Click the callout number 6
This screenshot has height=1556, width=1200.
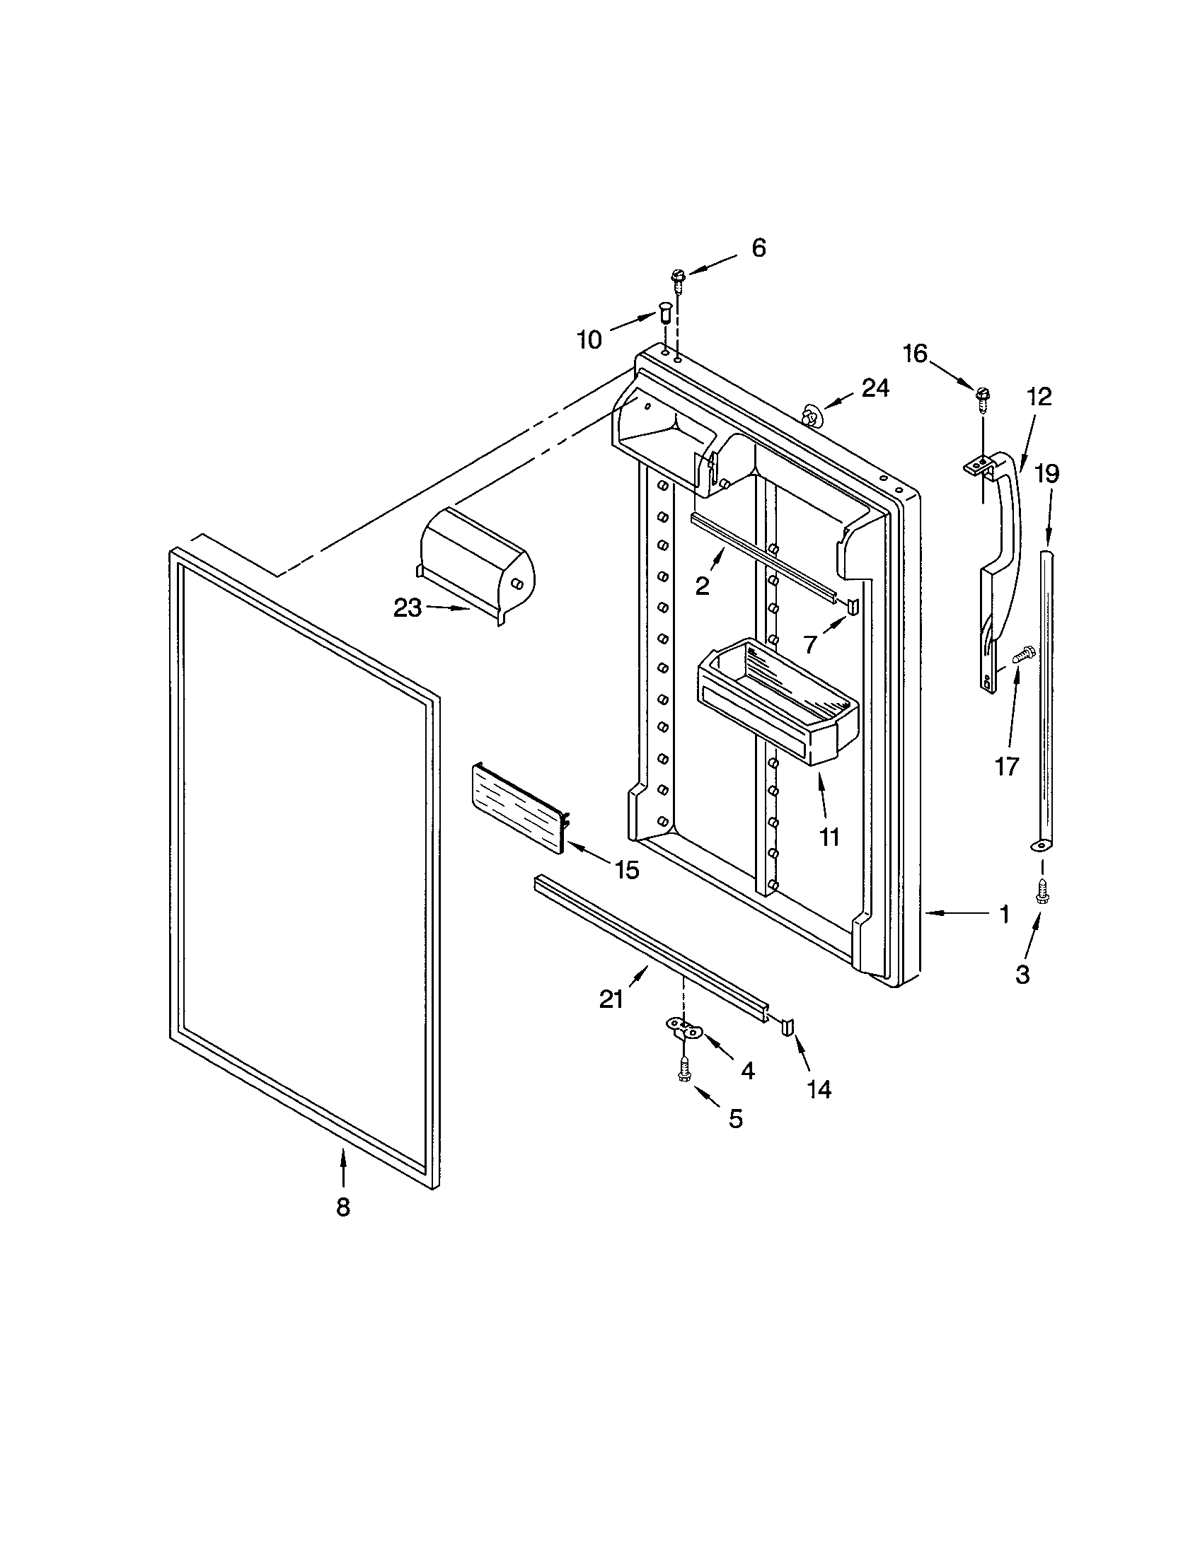click(759, 248)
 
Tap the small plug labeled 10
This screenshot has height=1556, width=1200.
click(664, 312)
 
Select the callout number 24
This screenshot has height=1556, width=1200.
click(875, 388)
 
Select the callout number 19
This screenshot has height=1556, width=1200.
click(1046, 474)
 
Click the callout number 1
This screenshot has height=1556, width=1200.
click(1004, 915)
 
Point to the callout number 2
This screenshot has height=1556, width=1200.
click(703, 586)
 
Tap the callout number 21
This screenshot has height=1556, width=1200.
click(611, 999)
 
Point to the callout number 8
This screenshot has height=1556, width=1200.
click(343, 1207)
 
